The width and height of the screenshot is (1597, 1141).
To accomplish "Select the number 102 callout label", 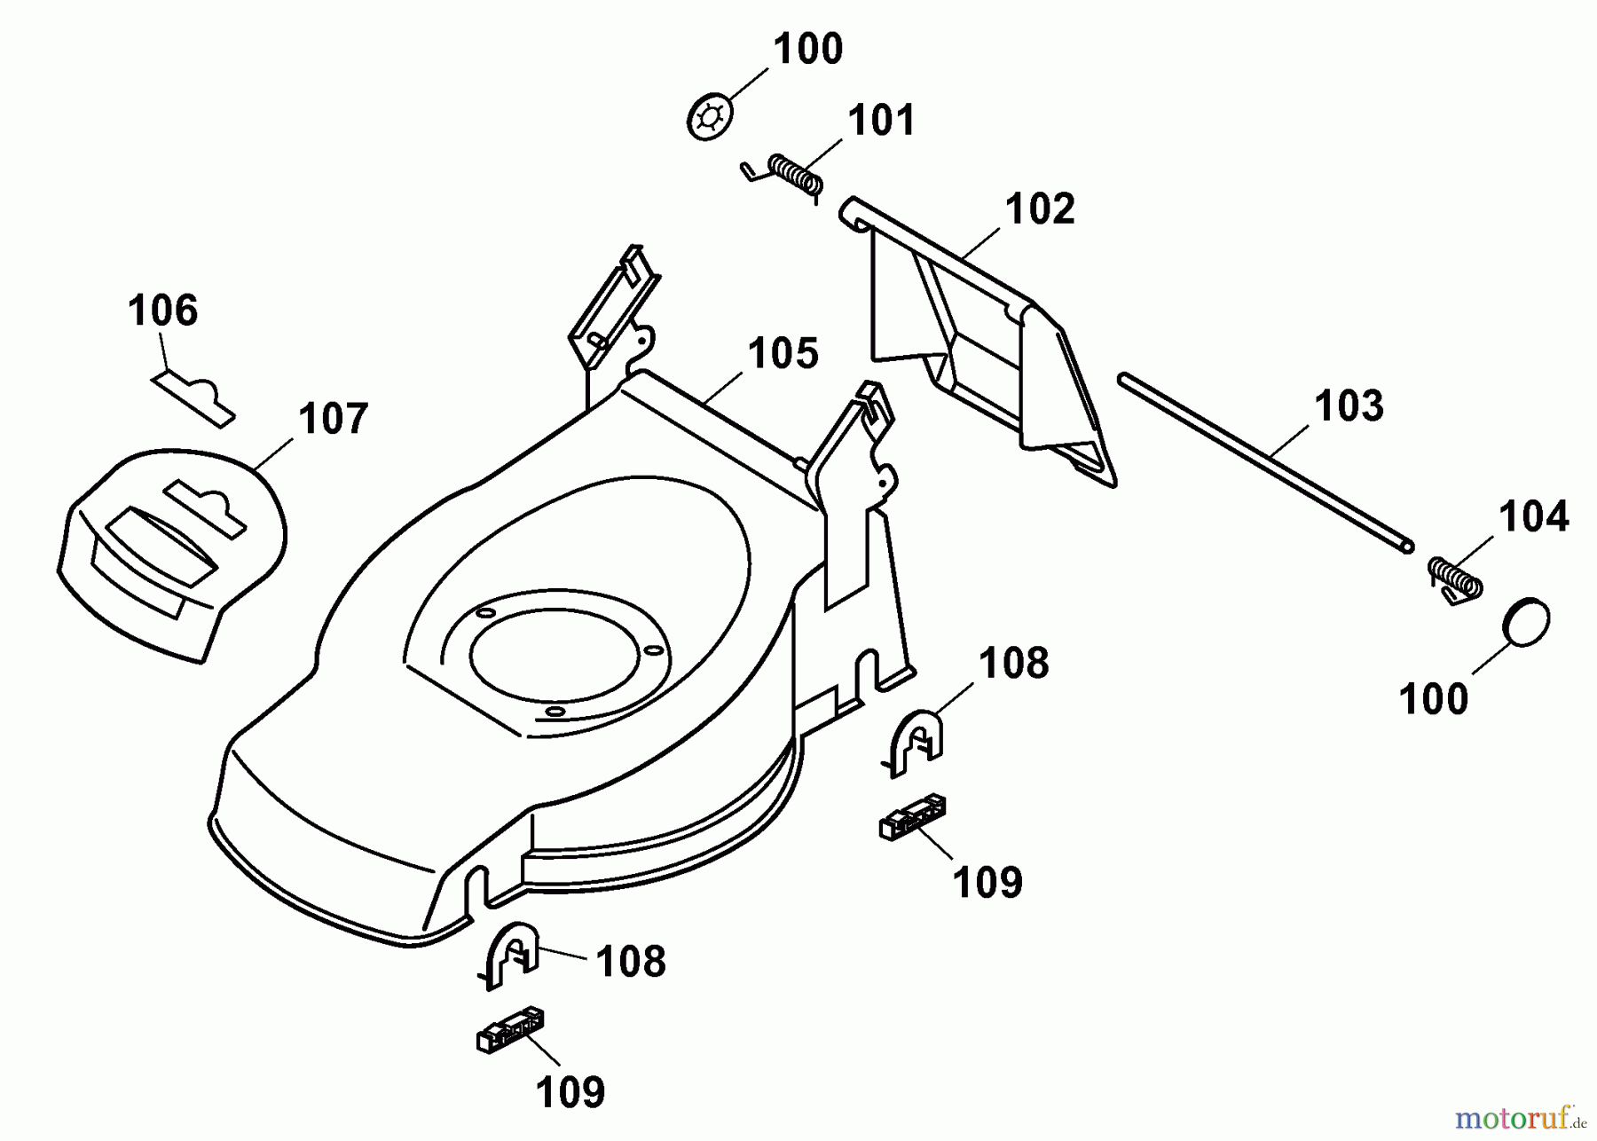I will pyautogui.click(x=1039, y=209).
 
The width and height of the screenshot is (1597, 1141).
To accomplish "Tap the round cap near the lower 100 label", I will pyautogui.click(x=1527, y=623).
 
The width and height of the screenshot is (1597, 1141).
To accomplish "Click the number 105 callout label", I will pyautogui.click(x=783, y=353).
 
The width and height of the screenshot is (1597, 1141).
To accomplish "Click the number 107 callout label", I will pyautogui.click(x=333, y=419).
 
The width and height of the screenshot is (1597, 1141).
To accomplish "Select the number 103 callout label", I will pyautogui.click(x=1349, y=406).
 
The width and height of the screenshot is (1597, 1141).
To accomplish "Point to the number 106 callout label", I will pyautogui.click(x=162, y=311).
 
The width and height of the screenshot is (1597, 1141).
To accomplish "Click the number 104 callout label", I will pyautogui.click(x=1533, y=516).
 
